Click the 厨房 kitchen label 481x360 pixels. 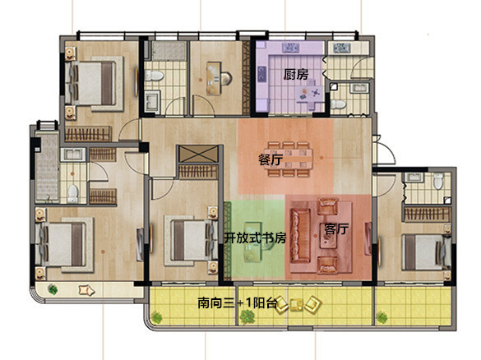(x=295, y=75)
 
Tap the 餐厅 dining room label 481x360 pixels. (x=271, y=159)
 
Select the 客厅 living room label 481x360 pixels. (x=336, y=228)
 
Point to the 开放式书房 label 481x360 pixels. (x=256, y=238)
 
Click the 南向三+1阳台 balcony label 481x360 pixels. (x=237, y=303)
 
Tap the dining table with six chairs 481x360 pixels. (x=290, y=159)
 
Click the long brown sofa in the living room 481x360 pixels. (x=300, y=236)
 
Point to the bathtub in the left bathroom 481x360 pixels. (x=47, y=167)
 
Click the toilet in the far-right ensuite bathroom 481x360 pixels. (x=438, y=181)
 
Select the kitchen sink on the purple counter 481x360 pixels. (x=290, y=48)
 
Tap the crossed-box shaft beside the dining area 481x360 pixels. (x=198, y=154)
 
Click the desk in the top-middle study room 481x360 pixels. (x=213, y=78)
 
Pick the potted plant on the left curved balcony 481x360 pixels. (x=53, y=289)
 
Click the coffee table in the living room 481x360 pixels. (x=328, y=236)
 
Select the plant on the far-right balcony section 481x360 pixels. (x=382, y=317)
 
